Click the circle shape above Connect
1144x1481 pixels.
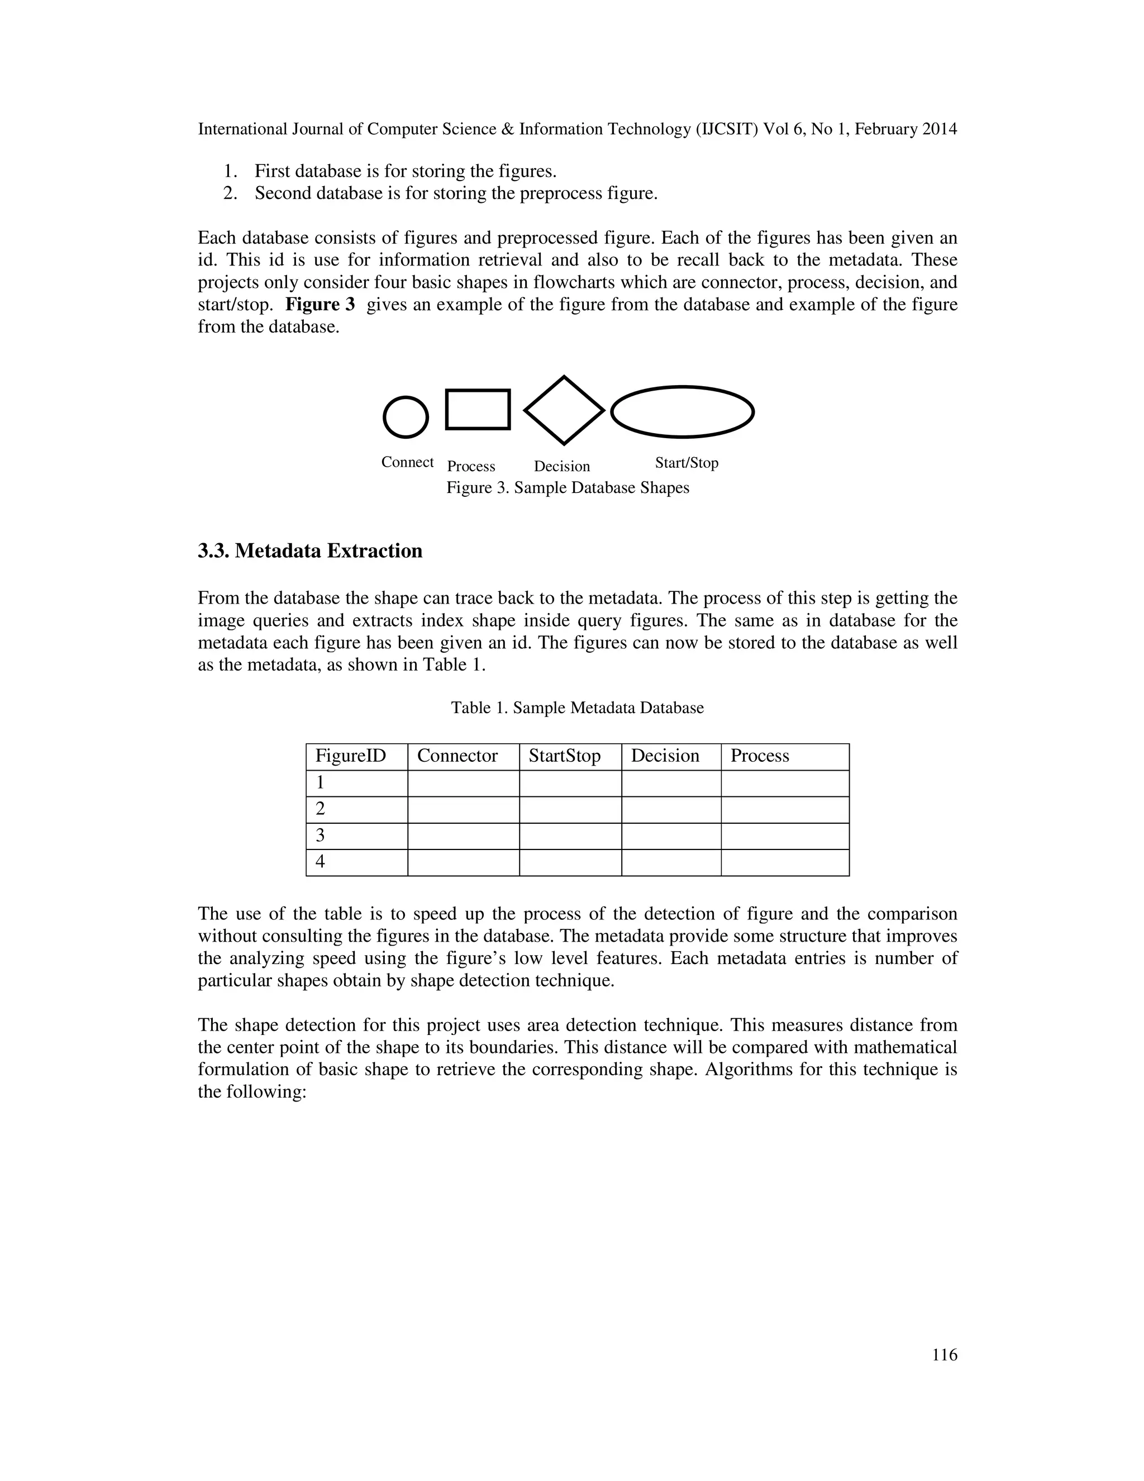tap(406, 417)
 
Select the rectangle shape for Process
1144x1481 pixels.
tap(477, 410)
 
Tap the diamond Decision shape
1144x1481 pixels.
tap(564, 410)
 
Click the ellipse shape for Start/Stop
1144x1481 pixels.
tap(682, 412)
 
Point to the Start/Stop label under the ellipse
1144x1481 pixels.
tap(686, 463)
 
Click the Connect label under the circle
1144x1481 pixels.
tap(407, 463)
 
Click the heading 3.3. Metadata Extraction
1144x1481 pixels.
tap(309, 550)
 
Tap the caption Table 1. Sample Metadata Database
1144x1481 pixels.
tap(578, 708)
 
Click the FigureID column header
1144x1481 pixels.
tap(350, 756)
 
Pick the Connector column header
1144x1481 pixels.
tap(457, 756)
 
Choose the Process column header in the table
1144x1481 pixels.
tap(759, 756)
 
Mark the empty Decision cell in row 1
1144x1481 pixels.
tap(670, 783)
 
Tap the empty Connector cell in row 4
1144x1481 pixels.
tap(463, 862)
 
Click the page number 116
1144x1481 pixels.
tap(944, 1355)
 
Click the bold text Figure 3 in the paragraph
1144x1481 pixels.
tap(320, 305)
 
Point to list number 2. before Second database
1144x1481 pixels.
tap(231, 194)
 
